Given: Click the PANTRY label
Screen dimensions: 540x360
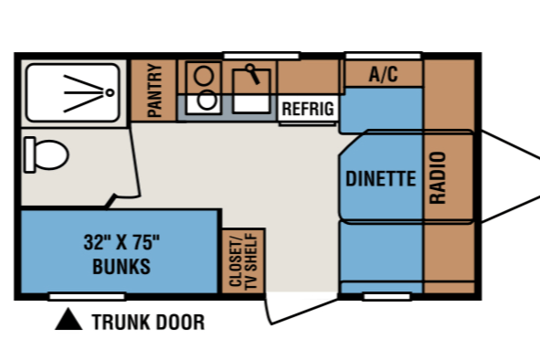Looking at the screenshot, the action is (154, 90).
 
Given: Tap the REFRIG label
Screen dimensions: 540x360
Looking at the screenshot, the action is (308, 109).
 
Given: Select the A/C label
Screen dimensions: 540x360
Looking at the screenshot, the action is (384, 74).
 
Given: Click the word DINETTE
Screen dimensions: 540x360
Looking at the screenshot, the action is (380, 178).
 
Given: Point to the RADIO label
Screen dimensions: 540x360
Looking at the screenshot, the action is (438, 178).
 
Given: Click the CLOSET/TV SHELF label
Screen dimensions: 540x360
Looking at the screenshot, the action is (243, 260).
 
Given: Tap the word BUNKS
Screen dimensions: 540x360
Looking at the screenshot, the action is (122, 266).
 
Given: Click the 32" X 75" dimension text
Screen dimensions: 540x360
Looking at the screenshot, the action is (122, 242).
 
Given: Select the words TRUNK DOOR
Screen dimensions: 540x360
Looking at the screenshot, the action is (148, 323).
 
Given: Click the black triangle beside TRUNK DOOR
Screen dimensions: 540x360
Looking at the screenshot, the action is (69, 321).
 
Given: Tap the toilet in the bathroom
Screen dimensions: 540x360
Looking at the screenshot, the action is (47, 154).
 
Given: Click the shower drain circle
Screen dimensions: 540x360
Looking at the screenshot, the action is (110, 92).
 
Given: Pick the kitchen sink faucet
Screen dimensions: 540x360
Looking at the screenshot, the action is (253, 74).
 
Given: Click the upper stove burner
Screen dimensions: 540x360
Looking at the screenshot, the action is (204, 76).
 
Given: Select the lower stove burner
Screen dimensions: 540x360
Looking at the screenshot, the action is (207, 100).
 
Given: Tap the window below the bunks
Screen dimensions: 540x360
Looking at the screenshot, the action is (87, 297).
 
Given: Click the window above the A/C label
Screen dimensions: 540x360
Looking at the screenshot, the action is (384, 56).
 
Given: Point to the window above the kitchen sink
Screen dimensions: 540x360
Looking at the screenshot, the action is (261, 56).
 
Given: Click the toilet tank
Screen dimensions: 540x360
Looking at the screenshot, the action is (29, 154).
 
